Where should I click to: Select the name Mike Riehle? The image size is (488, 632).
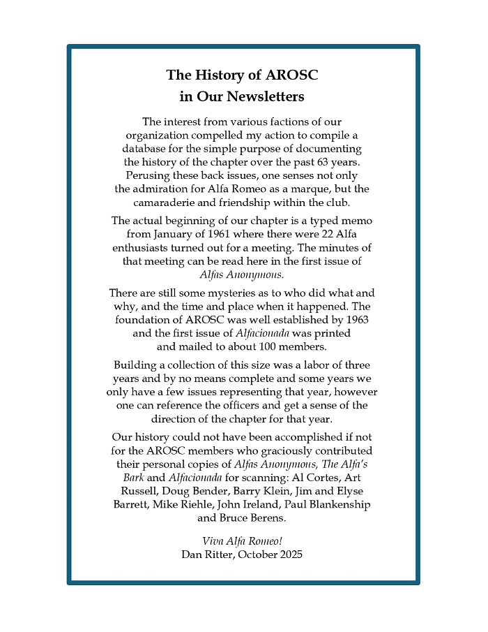(185, 504)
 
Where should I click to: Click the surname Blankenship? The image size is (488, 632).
(337, 504)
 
